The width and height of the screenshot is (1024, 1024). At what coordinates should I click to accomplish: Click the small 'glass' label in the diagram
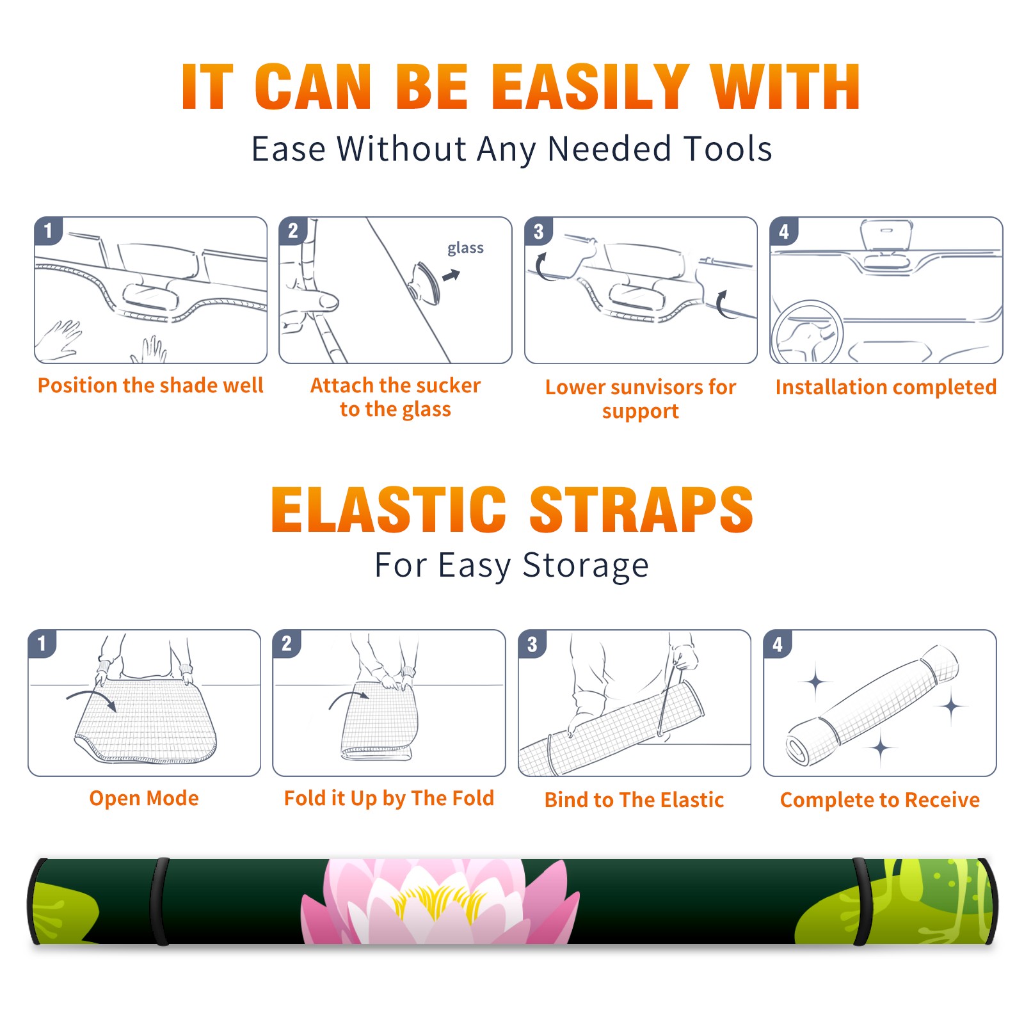tap(465, 248)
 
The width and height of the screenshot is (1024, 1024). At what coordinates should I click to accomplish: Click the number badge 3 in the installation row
tap(538, 231)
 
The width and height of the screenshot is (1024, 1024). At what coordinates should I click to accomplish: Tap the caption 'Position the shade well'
tap(150, 385)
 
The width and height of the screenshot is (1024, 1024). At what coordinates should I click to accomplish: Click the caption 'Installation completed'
tap(886, 387)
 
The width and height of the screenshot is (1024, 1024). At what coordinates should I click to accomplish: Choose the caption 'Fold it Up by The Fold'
tap(389, 799)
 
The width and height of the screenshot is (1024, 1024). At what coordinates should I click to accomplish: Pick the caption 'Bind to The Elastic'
tap(634, 800)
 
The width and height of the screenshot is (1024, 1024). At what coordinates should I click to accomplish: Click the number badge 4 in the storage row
tap(778, 644)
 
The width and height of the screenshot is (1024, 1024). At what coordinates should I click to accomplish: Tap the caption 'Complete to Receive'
tap(880, 800)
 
